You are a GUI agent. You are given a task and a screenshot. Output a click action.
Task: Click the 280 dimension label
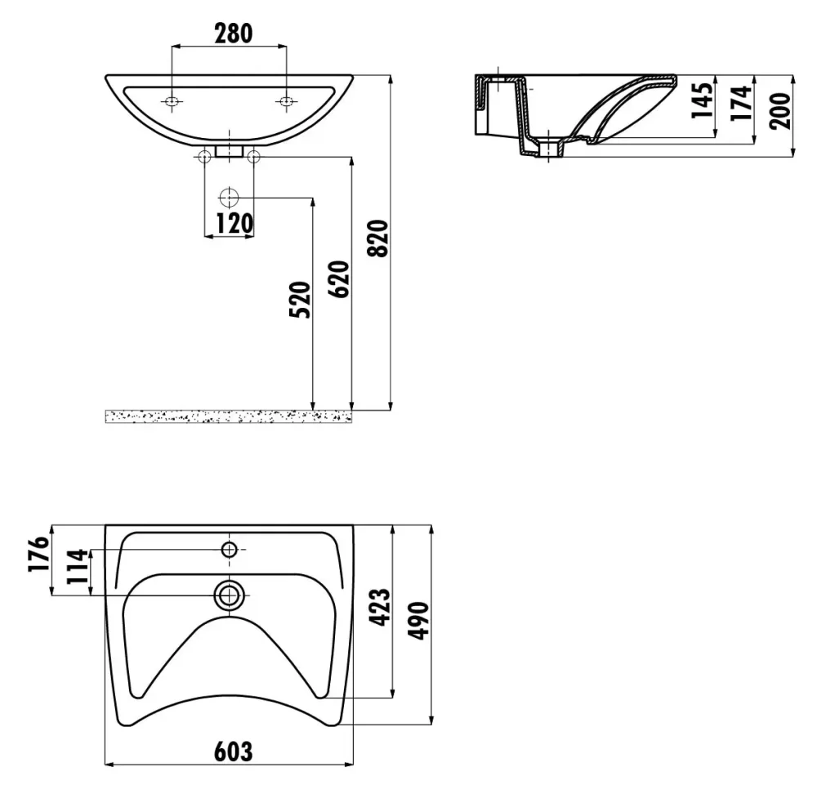234,33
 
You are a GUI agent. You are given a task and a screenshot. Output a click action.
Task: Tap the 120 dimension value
234,224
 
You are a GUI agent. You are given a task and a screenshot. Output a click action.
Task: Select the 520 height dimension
300,300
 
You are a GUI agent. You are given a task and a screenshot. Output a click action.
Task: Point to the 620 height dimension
339,279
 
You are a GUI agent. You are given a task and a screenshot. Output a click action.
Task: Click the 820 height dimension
378,238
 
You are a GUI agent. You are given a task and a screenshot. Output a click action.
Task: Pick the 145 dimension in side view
703,100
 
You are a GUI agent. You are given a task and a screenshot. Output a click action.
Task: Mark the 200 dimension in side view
780,111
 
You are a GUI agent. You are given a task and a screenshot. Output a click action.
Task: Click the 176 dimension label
39,554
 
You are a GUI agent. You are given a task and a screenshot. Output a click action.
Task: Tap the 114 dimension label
78,566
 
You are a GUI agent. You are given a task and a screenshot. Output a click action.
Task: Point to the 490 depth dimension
418,621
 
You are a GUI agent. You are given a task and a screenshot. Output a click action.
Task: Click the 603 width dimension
234,752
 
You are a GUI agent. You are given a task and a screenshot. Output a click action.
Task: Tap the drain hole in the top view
229,595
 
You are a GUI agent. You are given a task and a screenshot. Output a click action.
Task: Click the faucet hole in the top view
230,549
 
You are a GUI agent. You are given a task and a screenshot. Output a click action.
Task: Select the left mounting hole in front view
172,101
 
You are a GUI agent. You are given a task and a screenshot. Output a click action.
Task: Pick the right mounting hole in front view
286,101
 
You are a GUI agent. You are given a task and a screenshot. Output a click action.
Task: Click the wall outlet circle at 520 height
229,198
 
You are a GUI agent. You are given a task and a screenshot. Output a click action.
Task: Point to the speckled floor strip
229,417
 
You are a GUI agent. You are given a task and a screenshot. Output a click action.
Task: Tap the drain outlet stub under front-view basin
229,151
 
